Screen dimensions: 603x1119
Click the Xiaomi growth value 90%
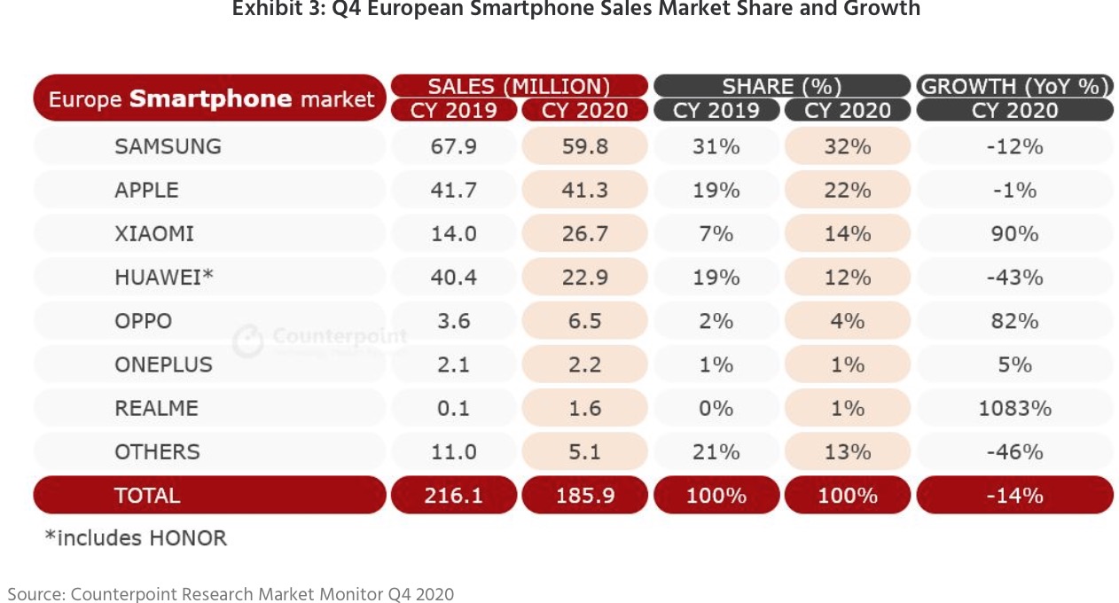click(1014, 234)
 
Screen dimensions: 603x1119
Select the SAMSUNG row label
click(168, 146)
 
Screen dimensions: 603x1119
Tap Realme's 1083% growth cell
click(1014, 409)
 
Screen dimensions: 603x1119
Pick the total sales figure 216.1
click(453, 496)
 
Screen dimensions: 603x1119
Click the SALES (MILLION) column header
click(519, 86)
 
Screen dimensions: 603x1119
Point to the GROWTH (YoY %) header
click(1014, 86)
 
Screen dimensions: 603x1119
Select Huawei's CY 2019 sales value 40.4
click(453, 278)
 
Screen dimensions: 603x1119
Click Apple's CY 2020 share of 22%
click(847, 190)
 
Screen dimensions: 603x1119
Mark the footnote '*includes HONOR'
click(136, 538)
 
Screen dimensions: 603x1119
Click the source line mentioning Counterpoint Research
click(231, 593)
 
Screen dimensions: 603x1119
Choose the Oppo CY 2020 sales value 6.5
click(585, 321)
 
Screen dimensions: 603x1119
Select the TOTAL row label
click(147, 496)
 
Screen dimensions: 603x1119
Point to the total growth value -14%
click(1014, 496)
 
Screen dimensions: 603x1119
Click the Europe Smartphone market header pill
click(210, 98)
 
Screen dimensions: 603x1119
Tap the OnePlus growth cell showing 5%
click(1014, 364)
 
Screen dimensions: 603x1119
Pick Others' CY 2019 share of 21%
click(716, 452)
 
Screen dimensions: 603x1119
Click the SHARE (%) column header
click(781, 86)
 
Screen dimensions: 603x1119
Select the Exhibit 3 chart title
click(575, 10)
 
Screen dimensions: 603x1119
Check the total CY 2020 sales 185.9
click(585, 496)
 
